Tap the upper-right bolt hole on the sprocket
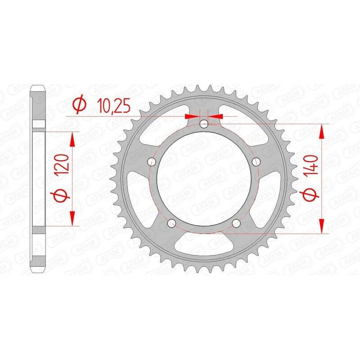[x=257, y=162]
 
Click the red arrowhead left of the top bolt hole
[x=192, y=116]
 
